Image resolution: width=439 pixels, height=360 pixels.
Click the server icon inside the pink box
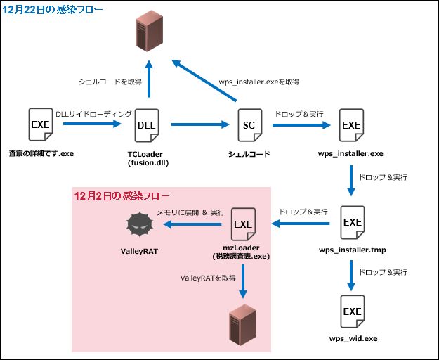pos(243,324)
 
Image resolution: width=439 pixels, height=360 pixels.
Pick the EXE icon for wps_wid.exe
pos(351,311)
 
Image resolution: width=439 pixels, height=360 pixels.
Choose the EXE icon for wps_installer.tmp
pos(351,223)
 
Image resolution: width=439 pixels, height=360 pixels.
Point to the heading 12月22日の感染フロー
pos(53,9)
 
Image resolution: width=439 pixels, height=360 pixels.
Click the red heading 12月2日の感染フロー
pos(122,195)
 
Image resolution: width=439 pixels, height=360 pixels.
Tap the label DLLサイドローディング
pos(93,113)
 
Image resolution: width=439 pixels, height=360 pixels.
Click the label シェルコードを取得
pos(109,82)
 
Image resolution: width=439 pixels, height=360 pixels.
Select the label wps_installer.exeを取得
pos(259,82)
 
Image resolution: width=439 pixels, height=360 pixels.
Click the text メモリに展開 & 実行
pos(190,212)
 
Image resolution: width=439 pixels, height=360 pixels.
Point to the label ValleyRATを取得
pos(208,278)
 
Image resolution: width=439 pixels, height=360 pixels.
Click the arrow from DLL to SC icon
pos(201,125)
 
